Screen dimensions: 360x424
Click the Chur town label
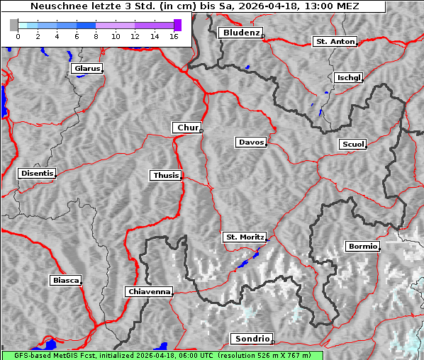[x=188, y=128]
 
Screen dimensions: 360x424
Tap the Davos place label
[x=251, y=142]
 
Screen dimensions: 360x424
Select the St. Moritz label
[x=244, y=237]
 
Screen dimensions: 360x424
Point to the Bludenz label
[x=240, y=33]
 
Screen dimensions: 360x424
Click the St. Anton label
[x=335, y=42]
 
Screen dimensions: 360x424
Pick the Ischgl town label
[x=349, y=77]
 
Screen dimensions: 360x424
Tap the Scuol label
[x=353, y=145]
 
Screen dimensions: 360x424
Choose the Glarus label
[x=87, y=69]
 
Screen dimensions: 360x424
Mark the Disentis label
[x=37, y=174]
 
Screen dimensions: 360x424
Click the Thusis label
[x=166, y=176]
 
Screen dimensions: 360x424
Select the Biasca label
[x=66, y=281]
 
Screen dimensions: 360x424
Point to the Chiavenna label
[x=149, y=292]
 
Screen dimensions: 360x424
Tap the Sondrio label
[x=251, y=339]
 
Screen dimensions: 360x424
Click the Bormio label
[x=363, y=247]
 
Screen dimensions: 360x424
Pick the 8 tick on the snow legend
[x=96, y=36]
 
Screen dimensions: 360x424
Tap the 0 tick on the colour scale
[x=18, y=36]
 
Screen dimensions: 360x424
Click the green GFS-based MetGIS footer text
[x=162, y=355]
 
